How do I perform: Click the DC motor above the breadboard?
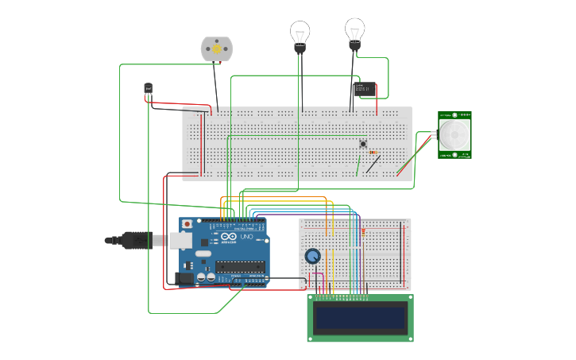pos(216,49)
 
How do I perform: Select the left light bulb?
pos(300,34)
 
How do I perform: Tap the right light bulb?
pos(354,31)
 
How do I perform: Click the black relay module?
pos(365,89)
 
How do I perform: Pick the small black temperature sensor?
pos(148,88)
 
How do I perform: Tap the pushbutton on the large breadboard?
pos(363,144)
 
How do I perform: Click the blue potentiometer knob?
pos(313,256)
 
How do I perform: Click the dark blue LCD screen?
pos(360,318)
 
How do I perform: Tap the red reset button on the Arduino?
pos(187,225)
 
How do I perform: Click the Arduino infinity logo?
pos(229,237)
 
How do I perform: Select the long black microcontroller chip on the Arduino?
pos(240,265)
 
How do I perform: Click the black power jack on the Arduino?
pos(184,277)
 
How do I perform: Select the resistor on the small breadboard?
pos(364,231)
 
